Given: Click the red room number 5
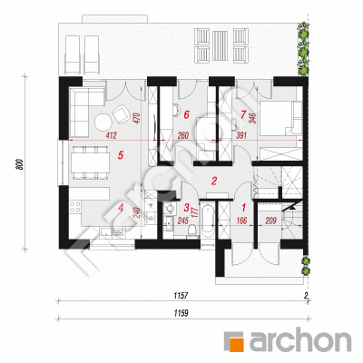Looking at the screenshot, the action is point(121,155).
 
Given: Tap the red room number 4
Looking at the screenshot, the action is point(121,208).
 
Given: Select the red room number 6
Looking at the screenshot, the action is point(186,114).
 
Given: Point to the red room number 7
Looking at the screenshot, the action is point(243,114).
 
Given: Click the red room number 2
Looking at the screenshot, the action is point(214,181).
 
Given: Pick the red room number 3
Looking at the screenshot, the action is point(187,208).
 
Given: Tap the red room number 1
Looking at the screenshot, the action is point(243,208).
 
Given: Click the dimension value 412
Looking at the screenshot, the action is point(111,135).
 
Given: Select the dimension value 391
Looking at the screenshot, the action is point(241,135).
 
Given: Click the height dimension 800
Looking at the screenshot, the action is point(19,163).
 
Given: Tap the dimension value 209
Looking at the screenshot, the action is point(270,221).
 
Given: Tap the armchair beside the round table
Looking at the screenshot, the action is point(121,113).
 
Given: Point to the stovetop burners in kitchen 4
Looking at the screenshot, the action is point(74,207).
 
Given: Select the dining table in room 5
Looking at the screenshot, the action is point(91,162).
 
